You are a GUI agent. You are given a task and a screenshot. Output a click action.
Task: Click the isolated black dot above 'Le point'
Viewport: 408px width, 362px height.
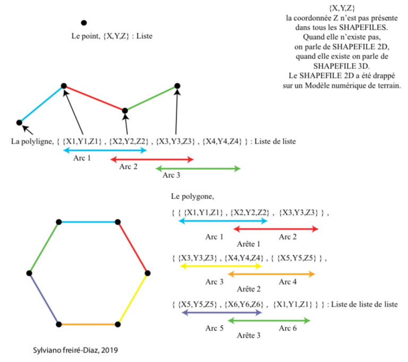(83, 23)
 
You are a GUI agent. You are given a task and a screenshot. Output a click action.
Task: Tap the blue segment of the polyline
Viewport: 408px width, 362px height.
(41, 104)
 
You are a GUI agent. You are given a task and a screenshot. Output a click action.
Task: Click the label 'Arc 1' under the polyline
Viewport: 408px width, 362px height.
(82, 158)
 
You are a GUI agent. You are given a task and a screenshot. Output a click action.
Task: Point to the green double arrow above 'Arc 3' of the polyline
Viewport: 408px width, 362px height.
(198, 168)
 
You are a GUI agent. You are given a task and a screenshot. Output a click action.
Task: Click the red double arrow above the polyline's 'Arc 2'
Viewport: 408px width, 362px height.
(152, 159)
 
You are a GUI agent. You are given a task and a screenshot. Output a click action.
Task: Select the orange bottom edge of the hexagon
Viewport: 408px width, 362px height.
(89, 324)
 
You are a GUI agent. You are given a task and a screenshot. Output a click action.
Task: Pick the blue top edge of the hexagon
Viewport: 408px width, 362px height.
(89, 222)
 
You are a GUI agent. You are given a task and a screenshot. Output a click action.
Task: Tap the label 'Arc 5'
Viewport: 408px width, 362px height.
(215, 329)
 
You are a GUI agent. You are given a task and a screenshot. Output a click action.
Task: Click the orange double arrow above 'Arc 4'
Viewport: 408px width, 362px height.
(271, 274)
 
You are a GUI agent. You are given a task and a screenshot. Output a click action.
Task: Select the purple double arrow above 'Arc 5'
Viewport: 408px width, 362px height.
(222, 313)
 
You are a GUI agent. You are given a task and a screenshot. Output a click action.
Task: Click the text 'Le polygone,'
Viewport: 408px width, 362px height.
(192, 196)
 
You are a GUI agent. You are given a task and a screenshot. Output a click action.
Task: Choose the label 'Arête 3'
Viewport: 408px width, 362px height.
(248, 335)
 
